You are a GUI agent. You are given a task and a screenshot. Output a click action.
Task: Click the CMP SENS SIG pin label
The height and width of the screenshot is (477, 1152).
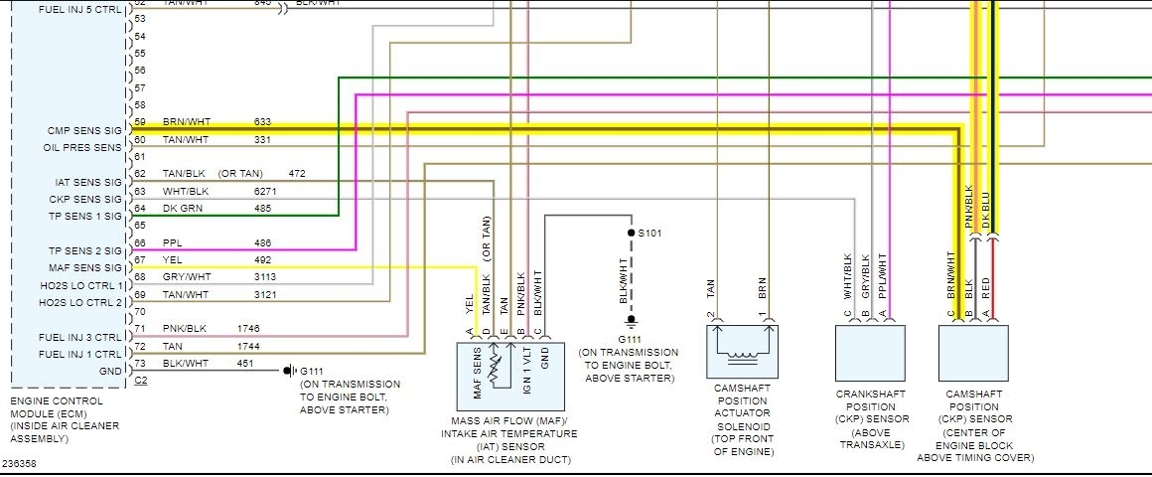[x=83, y=131]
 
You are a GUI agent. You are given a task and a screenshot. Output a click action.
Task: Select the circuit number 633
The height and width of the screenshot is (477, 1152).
[x=262, y=122]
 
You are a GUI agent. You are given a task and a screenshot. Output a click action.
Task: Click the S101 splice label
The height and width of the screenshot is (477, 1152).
[x=648, y=233]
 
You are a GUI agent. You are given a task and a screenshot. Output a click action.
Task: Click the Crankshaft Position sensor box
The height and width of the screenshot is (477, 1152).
[x=870, y=353]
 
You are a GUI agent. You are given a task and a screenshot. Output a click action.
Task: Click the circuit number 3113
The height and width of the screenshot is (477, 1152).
[x=266, y=277]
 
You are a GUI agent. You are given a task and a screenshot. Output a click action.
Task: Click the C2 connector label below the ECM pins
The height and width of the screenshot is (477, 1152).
[x=140, y=382]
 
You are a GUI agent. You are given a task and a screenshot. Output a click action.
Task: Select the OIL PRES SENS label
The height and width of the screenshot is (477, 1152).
[x=82, y=148]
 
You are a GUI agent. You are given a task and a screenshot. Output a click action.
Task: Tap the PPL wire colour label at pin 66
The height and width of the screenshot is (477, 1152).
[x=172, y=242]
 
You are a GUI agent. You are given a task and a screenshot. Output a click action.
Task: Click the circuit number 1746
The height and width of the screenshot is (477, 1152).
[x=249, y=327]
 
